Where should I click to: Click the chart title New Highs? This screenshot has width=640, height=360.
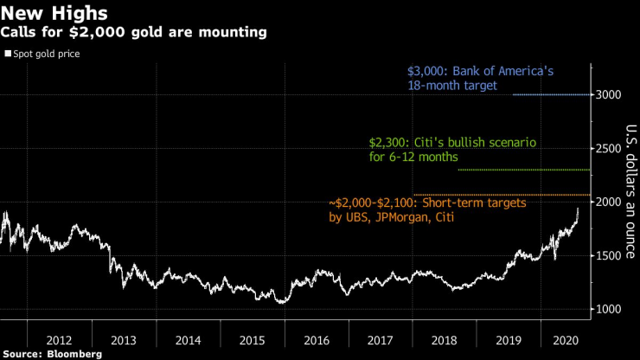(x=54, y=13)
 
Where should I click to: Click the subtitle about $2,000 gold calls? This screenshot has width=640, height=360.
(x=133, y=33)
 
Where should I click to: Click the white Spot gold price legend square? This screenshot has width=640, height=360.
(x=7, y=54)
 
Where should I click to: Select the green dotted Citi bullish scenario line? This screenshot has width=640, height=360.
(x=523, y=170)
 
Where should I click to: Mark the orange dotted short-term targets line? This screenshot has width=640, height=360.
(x=502, y=195)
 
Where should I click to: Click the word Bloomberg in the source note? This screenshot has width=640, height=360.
(x=74, y=354)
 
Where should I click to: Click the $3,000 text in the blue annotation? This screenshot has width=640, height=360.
(x=425, y=72)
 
